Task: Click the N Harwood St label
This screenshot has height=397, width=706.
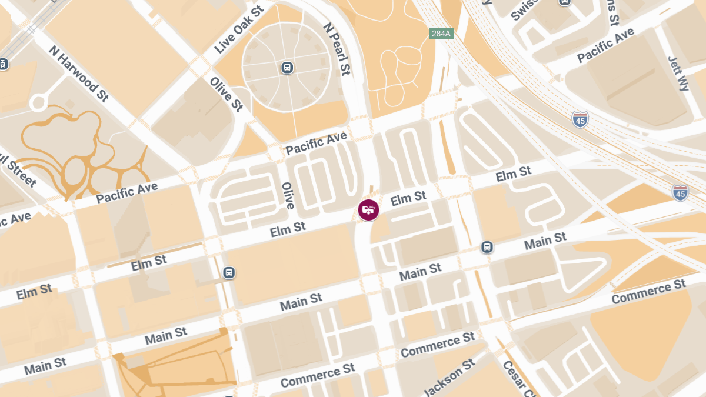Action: coord(79,73)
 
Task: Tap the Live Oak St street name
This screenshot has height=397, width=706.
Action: coord(239,31)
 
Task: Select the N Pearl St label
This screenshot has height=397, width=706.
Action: coord(337,49)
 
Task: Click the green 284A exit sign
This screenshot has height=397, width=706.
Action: coord(440,34)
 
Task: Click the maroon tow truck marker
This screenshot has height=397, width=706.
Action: coord(368,209)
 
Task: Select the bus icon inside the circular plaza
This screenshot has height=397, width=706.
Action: coord(287,67)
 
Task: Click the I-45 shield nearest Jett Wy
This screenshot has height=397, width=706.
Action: coord(580,119)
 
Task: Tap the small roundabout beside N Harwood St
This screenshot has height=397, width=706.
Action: coord(39,102)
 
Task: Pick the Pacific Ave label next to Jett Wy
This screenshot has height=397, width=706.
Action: coord(605,45)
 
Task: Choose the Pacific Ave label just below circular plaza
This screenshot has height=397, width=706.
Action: coord(316,144)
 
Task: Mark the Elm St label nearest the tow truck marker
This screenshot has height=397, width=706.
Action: coord(408,198)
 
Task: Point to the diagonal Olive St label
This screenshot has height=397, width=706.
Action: coord(227,94)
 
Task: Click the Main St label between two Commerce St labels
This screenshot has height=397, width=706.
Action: coord(420,272)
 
